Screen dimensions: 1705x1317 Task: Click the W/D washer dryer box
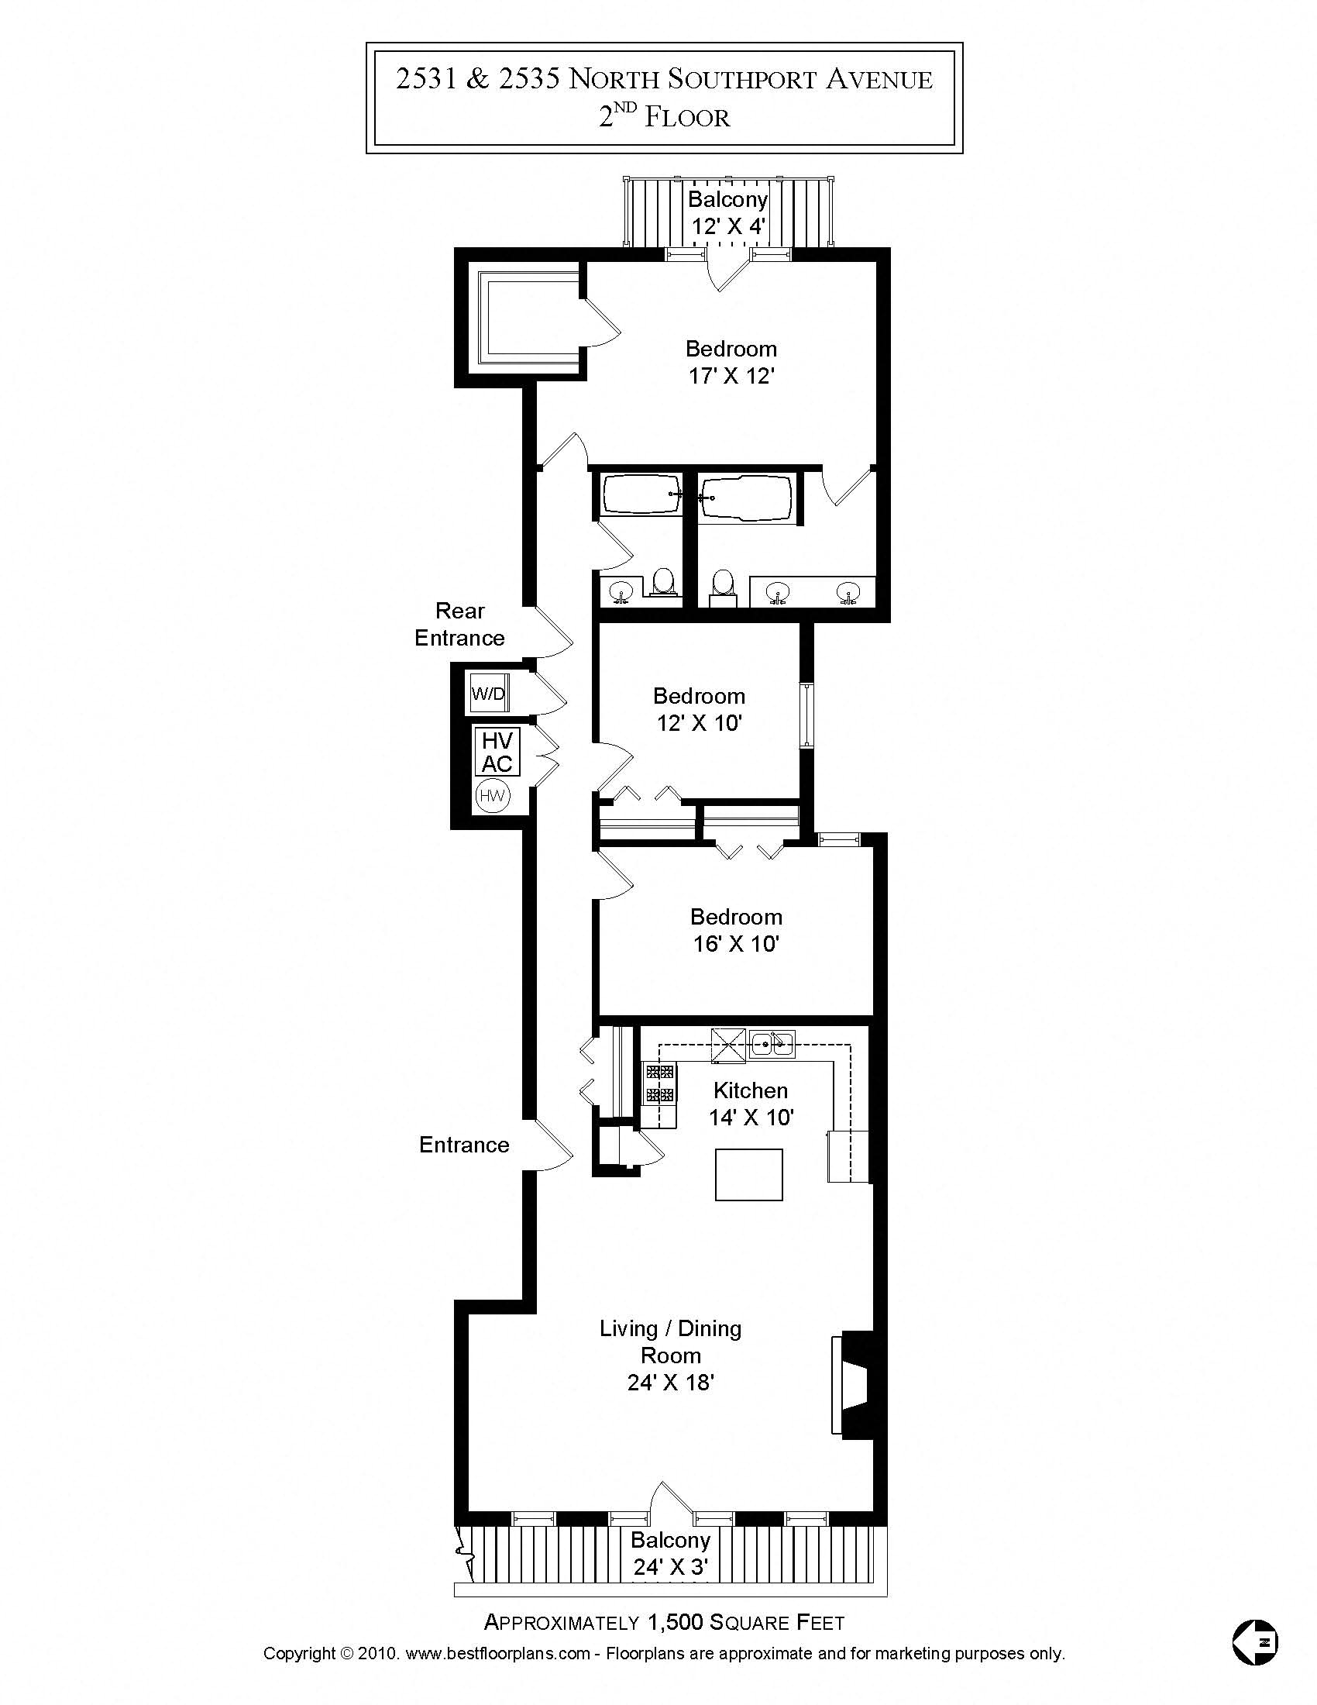[x=488, y=694]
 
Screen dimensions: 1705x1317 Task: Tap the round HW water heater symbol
[x=492, y=796]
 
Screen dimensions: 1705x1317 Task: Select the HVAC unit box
[x=497, y=752]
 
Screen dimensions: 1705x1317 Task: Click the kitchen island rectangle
[x=749, y=1174]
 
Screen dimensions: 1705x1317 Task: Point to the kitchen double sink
[x=772, y=1044]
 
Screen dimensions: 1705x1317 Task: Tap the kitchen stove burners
[x=659, y=1083]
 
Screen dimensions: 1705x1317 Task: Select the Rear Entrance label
[x=459, y=625]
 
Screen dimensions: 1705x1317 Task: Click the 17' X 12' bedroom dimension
[x=731, y=377]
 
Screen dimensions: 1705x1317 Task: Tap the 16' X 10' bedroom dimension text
[x=736, y=944]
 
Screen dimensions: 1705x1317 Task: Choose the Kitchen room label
[x=751, y=1090]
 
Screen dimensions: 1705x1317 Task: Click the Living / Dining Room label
[x=670, y=1342]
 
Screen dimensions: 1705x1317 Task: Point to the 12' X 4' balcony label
[x=728, y=226]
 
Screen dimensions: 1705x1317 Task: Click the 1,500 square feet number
[x=675, y=1622]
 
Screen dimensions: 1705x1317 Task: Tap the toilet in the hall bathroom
[x=663, y=582]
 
